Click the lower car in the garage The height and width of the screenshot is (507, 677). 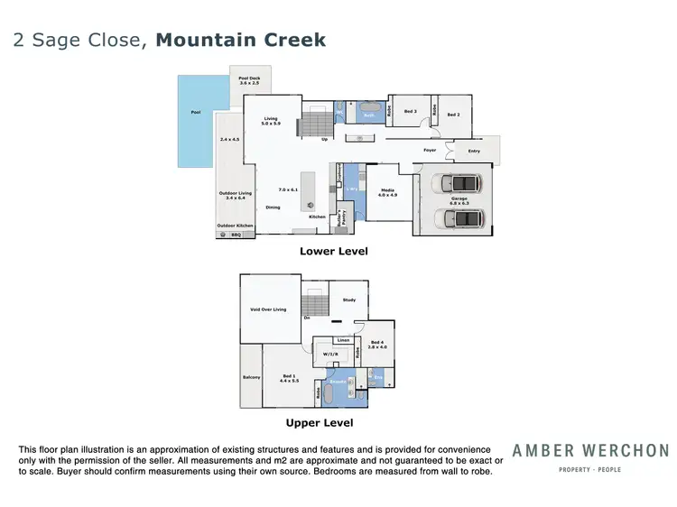pyautogui.click(x=458, y=219)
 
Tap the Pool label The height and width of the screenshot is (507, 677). pyautogui.click(x=196, y=113)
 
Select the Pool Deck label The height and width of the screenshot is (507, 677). pyautogui.click(x=250, y=80)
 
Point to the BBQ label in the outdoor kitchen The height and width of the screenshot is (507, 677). pyautogui.click(x=236, y=235)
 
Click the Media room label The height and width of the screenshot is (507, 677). pyautogui.click(x=387, y=191)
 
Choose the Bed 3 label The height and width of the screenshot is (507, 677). pyautogui.click(x=410, y=112)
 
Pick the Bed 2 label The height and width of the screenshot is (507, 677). pyautogui.click(x=453, y=115)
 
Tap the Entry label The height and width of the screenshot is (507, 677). pyautogui.click(x=474, y=151)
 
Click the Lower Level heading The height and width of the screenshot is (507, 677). pyautogui.click(x=333, y=252)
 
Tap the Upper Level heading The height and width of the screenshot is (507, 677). pyautogui.click(x=319, y=422)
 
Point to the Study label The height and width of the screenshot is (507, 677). pyautogui.click(x=348, y=300)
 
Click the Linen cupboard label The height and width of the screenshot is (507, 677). pyautogui.click(x=343, y=340)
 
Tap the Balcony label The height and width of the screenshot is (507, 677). pyautogui.click(x=251, y=377)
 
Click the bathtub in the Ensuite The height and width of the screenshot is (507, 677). pyautogui.click(x=336, y=393)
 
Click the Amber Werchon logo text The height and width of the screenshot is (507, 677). pyautogui.click(x=590, y=450)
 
